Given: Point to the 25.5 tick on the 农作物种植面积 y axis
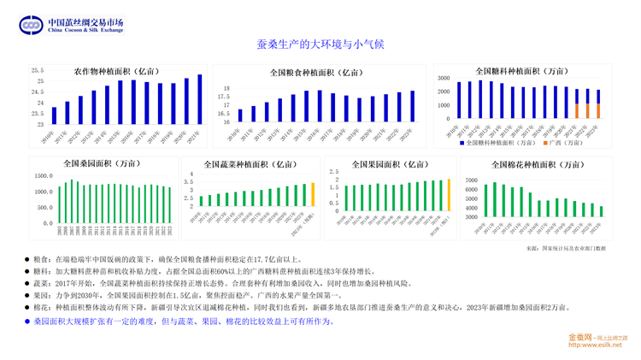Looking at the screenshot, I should (x=38, y=71).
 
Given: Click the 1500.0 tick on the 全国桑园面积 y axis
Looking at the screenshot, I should (x=43, y=176).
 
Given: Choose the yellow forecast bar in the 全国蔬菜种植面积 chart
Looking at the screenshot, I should (x=313, y=194).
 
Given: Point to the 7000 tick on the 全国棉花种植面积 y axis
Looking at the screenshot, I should (x=471, y=180).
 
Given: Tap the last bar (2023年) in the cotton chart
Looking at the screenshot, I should (x=601, y=211).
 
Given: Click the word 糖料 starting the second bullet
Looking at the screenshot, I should (x=42, y=271).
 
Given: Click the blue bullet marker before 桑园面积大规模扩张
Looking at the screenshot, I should (x=26, y=322).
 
